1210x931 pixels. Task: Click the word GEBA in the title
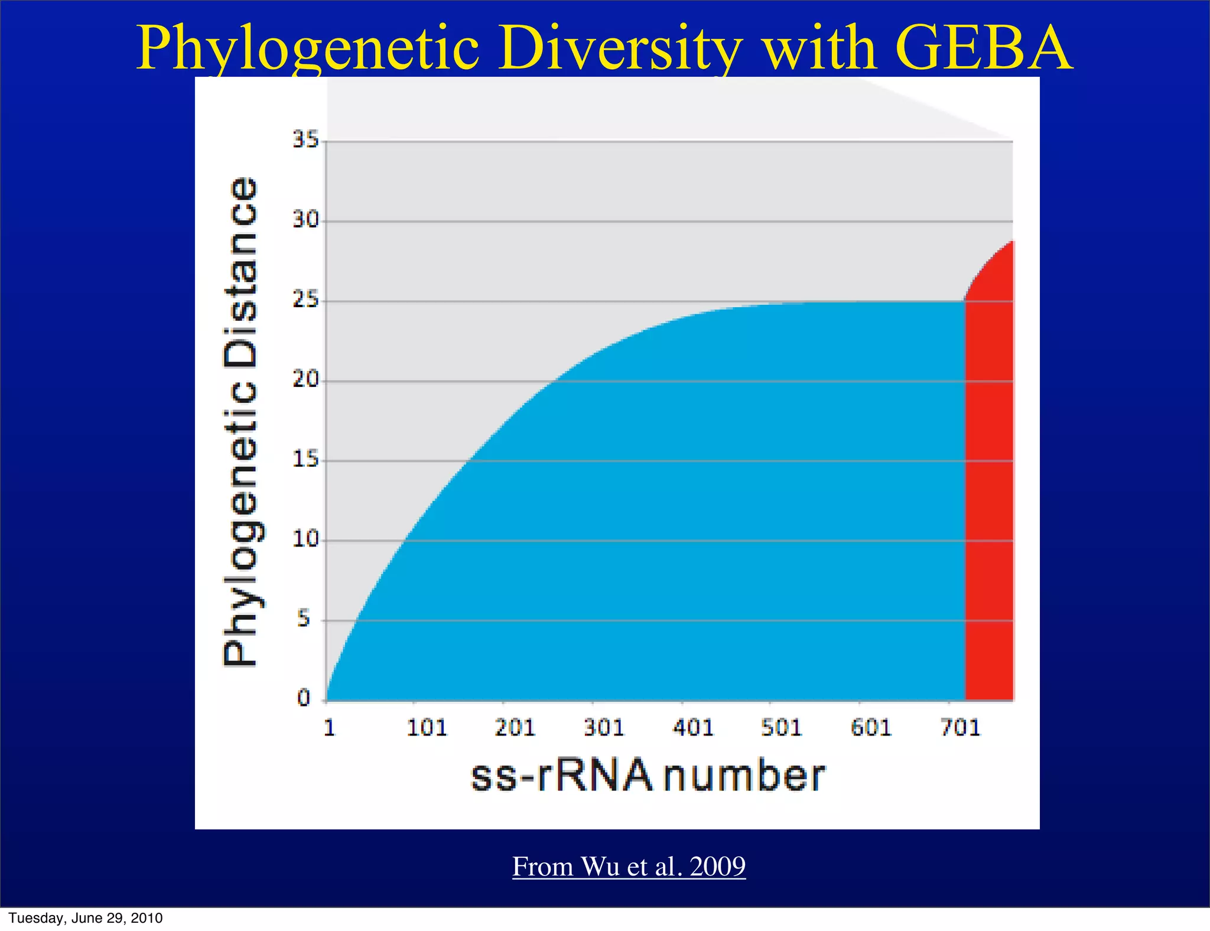pos(983,48)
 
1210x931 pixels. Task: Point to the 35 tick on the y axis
pos(305,140)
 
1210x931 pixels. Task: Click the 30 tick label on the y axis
pos(305,220)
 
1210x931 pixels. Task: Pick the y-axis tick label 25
pos(305,300)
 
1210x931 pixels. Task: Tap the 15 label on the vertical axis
pos(305,460)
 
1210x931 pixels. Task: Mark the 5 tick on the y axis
pos(304,619)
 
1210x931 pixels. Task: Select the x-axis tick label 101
pos(427,727)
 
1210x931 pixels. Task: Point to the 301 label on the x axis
pos(604,727)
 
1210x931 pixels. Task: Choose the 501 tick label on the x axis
pos(781,727)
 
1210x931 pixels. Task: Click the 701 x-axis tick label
pos(960,727)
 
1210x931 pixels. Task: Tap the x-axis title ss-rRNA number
pos(648,776)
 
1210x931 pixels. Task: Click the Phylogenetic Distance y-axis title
pos(241,422)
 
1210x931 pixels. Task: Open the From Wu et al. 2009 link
pos(629,867)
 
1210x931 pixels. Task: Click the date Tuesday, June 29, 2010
pos(86,918)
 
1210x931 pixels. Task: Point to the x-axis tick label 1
pos(330,727)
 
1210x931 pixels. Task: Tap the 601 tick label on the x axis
pos(871,727)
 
